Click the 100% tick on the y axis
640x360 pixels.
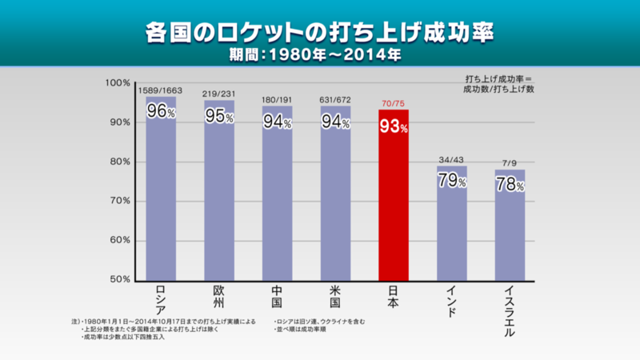(118, 82)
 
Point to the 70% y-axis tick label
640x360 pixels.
(120, 201)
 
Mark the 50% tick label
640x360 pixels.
(120, 279)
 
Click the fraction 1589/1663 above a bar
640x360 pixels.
(161, 91)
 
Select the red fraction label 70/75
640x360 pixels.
(394, 103)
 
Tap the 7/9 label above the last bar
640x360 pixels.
(510, 162)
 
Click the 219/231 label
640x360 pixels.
(219, 94)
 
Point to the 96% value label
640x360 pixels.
(161, 111)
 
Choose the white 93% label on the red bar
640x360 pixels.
(394, 126)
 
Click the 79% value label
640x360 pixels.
(452, 179)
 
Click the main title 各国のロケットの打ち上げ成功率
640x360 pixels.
(320, 33)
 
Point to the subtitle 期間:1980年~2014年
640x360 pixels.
(320, 57)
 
